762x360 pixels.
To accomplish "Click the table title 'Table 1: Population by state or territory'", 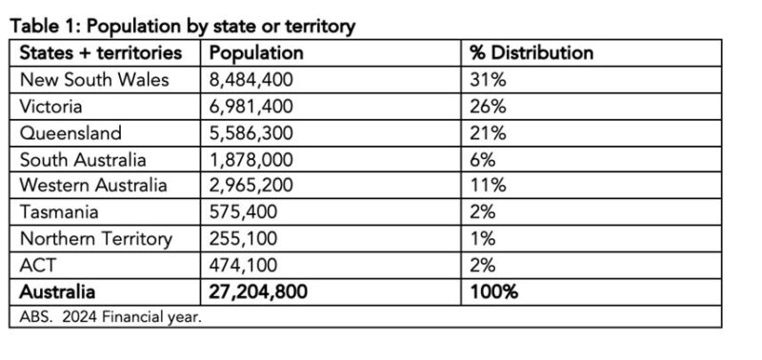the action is [x=182, y=27].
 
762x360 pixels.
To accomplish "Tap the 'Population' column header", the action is [x=255, y=53].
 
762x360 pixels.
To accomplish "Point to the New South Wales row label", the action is [x=94, y=80].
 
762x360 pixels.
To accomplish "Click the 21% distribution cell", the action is [x=488, y=132].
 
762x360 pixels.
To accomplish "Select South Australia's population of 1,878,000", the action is [x=252, y=159].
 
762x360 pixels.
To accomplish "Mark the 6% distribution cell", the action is [x=483, y=159].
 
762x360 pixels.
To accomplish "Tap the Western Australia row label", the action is [x=94, y=185].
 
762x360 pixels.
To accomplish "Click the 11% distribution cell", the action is [x=487, y=185].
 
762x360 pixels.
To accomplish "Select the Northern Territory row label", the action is [x=96, y=238].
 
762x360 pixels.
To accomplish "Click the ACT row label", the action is [x=38, y=264].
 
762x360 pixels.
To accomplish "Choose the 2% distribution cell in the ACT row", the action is [x=483, y=264].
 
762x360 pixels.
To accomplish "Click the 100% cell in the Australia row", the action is [x=493, y=291].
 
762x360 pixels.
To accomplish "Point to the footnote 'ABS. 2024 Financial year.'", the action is [x=110, y=316].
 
